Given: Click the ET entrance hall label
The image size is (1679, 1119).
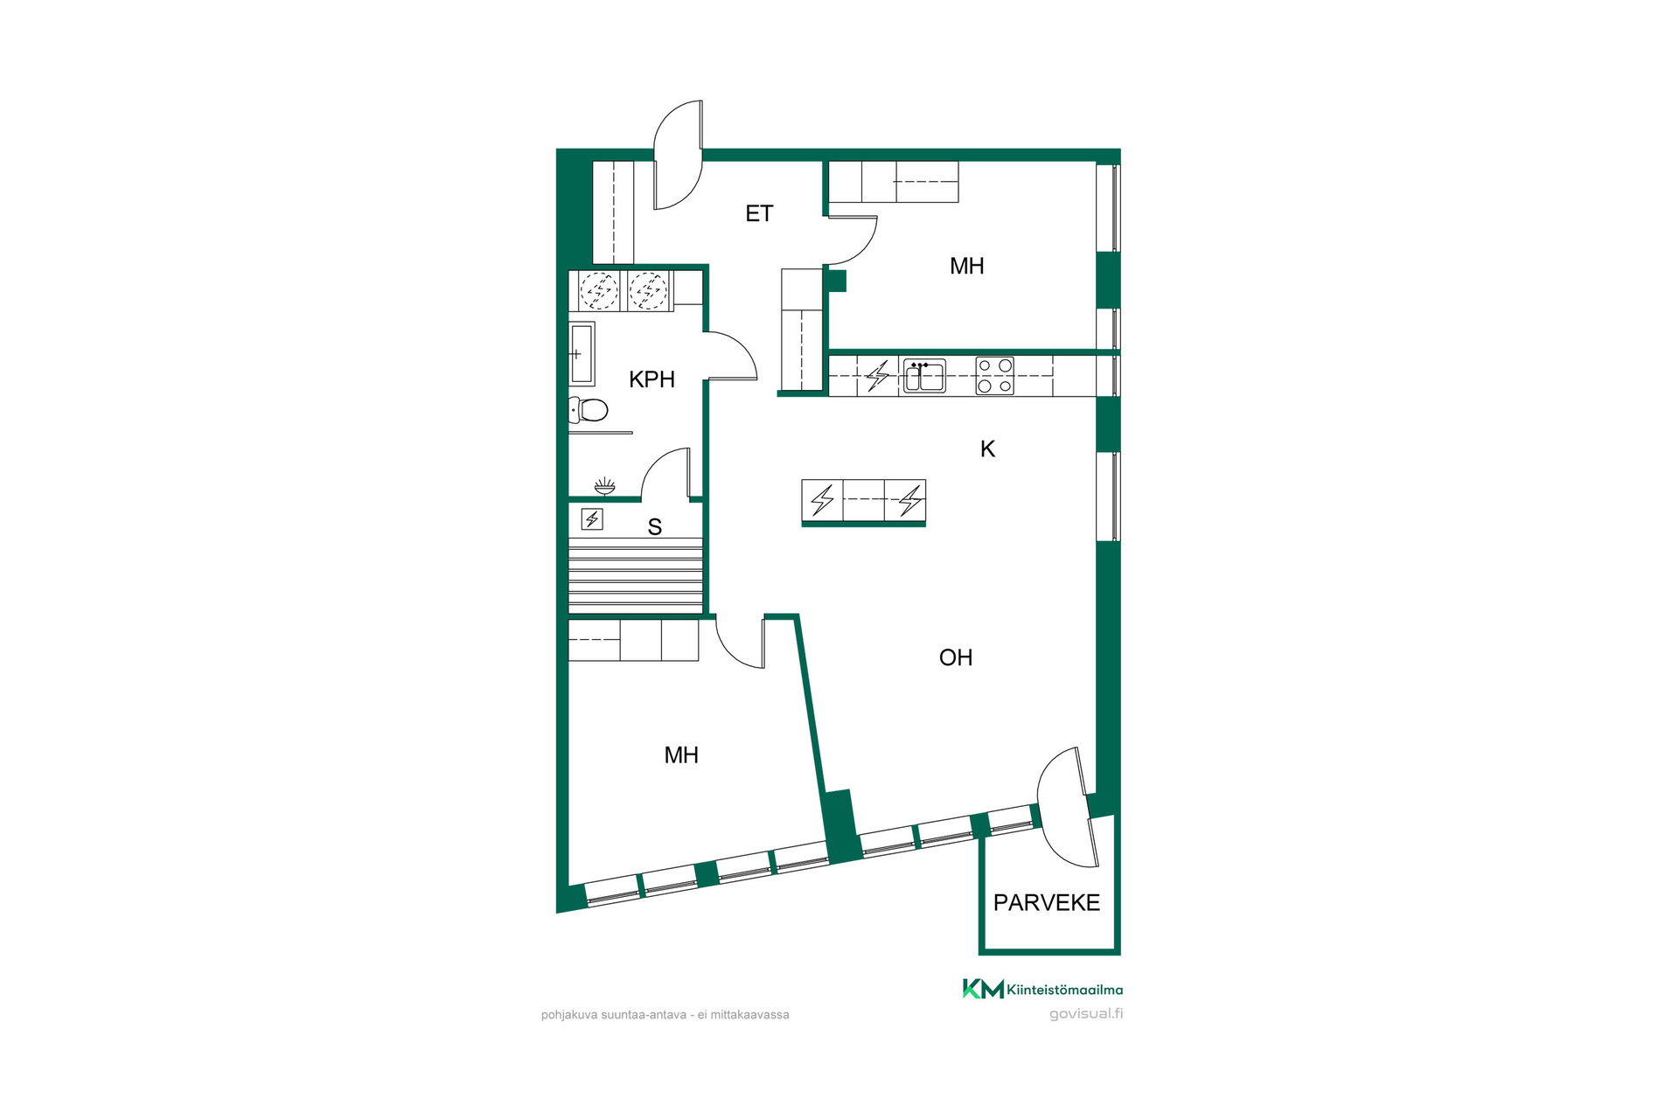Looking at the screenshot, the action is [x=759, y=213].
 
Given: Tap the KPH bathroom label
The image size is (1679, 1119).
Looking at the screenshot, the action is [x=652, y=379].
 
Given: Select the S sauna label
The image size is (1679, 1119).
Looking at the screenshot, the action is [x=654, y=527].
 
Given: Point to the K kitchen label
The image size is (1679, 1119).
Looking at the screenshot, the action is [x=987, y=449].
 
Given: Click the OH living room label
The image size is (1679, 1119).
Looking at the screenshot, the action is [x=956, y=657].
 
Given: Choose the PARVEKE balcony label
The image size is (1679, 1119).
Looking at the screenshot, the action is [x=1047, y=902].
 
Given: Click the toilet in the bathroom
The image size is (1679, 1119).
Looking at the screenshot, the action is [x=589, y=409].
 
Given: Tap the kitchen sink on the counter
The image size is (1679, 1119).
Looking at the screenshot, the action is [x=924, y=376].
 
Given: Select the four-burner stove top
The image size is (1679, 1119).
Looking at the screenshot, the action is [x=995, y=376].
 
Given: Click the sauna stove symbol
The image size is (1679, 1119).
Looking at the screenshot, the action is [x=592, y=519].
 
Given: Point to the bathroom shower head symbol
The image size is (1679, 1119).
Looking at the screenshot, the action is [x=604, y=486].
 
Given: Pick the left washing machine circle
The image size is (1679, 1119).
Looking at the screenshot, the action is [x=599, y=290].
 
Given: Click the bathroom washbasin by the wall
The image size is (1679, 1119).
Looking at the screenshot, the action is [x=582, y=354].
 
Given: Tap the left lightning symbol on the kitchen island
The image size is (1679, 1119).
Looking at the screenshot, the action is [x=822, y=500].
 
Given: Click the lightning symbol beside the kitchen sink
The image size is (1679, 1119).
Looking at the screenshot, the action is [x=877, y=376].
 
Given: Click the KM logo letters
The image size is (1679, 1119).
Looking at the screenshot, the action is [x=983, y=989].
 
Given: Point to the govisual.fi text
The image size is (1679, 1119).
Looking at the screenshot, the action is [x=1086, y=1014].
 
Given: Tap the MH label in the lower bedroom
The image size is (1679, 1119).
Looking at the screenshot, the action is [x=681, y=755].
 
